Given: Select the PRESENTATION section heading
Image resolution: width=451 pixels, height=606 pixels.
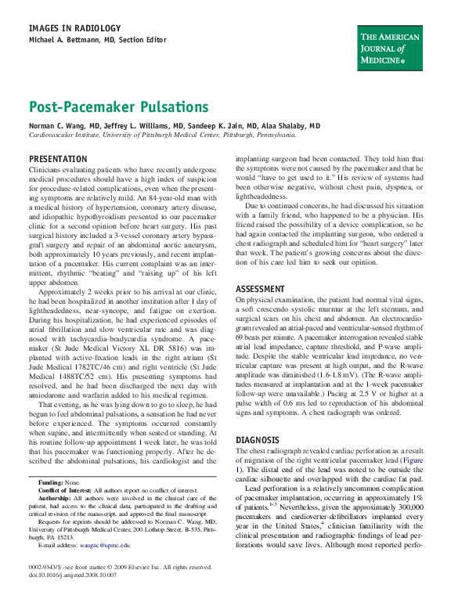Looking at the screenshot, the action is point(58,159).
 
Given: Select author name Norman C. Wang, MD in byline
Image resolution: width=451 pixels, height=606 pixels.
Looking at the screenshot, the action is point(65,125).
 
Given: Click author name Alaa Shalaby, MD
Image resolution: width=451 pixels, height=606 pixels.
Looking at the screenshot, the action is point(291,125).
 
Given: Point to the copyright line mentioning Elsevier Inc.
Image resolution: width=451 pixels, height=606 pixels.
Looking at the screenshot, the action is point(120,566).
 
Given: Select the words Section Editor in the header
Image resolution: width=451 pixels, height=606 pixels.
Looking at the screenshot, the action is point(143,39).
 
